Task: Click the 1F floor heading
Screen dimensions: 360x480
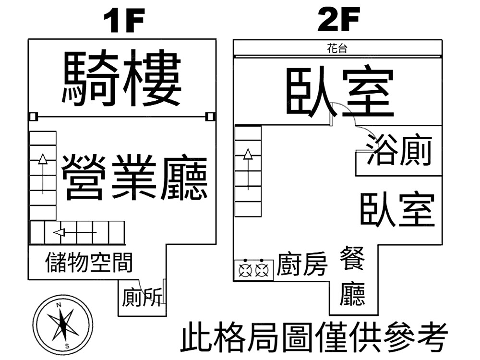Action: point(124,22)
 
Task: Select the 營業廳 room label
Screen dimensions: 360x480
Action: point(135,177)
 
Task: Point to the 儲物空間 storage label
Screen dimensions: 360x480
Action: point(89,262)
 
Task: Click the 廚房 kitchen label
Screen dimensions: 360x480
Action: point(302,264)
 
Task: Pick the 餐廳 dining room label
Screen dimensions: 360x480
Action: point(353,276)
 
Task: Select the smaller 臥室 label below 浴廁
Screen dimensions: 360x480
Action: point(397,210)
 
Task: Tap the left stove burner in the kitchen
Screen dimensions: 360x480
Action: point(246,270)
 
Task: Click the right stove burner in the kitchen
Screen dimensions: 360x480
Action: point(261,270)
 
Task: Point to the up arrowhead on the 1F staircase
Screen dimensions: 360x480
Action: point(43,159)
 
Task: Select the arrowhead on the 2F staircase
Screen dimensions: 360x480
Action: point(248,154)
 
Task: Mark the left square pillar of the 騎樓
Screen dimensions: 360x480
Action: point(33,117)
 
